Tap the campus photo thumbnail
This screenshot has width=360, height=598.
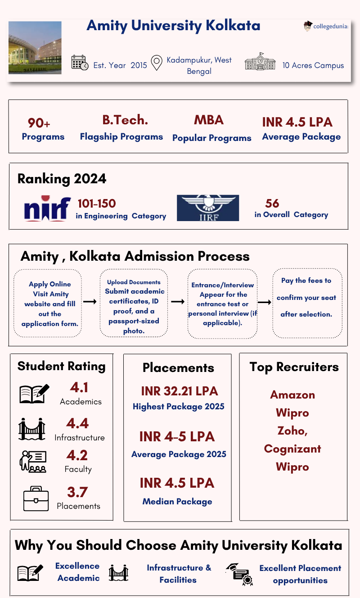35,48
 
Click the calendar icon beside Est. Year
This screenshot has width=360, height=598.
80,63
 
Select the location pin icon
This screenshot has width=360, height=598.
156,63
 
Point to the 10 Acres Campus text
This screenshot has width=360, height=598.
313,65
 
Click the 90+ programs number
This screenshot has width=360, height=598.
39,123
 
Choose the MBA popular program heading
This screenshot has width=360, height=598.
209,120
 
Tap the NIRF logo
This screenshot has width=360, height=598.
47,208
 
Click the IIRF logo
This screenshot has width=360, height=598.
208,208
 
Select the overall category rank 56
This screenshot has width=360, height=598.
272,204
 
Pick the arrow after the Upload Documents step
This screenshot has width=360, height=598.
177,302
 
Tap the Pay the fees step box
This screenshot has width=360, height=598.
307,303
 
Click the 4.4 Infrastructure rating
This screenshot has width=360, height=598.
77,423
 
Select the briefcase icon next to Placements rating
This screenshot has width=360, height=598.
36,498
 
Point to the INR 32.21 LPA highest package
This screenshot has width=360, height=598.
179,391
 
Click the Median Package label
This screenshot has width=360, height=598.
177,501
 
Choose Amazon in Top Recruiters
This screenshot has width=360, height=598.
292,395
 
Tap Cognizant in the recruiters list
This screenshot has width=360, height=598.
292,449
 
